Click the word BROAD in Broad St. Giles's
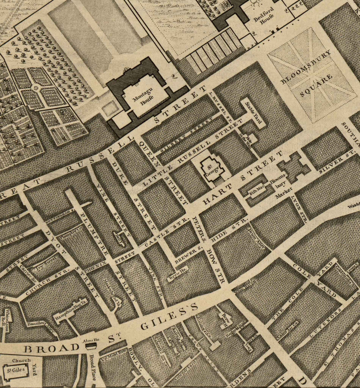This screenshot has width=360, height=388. coord(51,348)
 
